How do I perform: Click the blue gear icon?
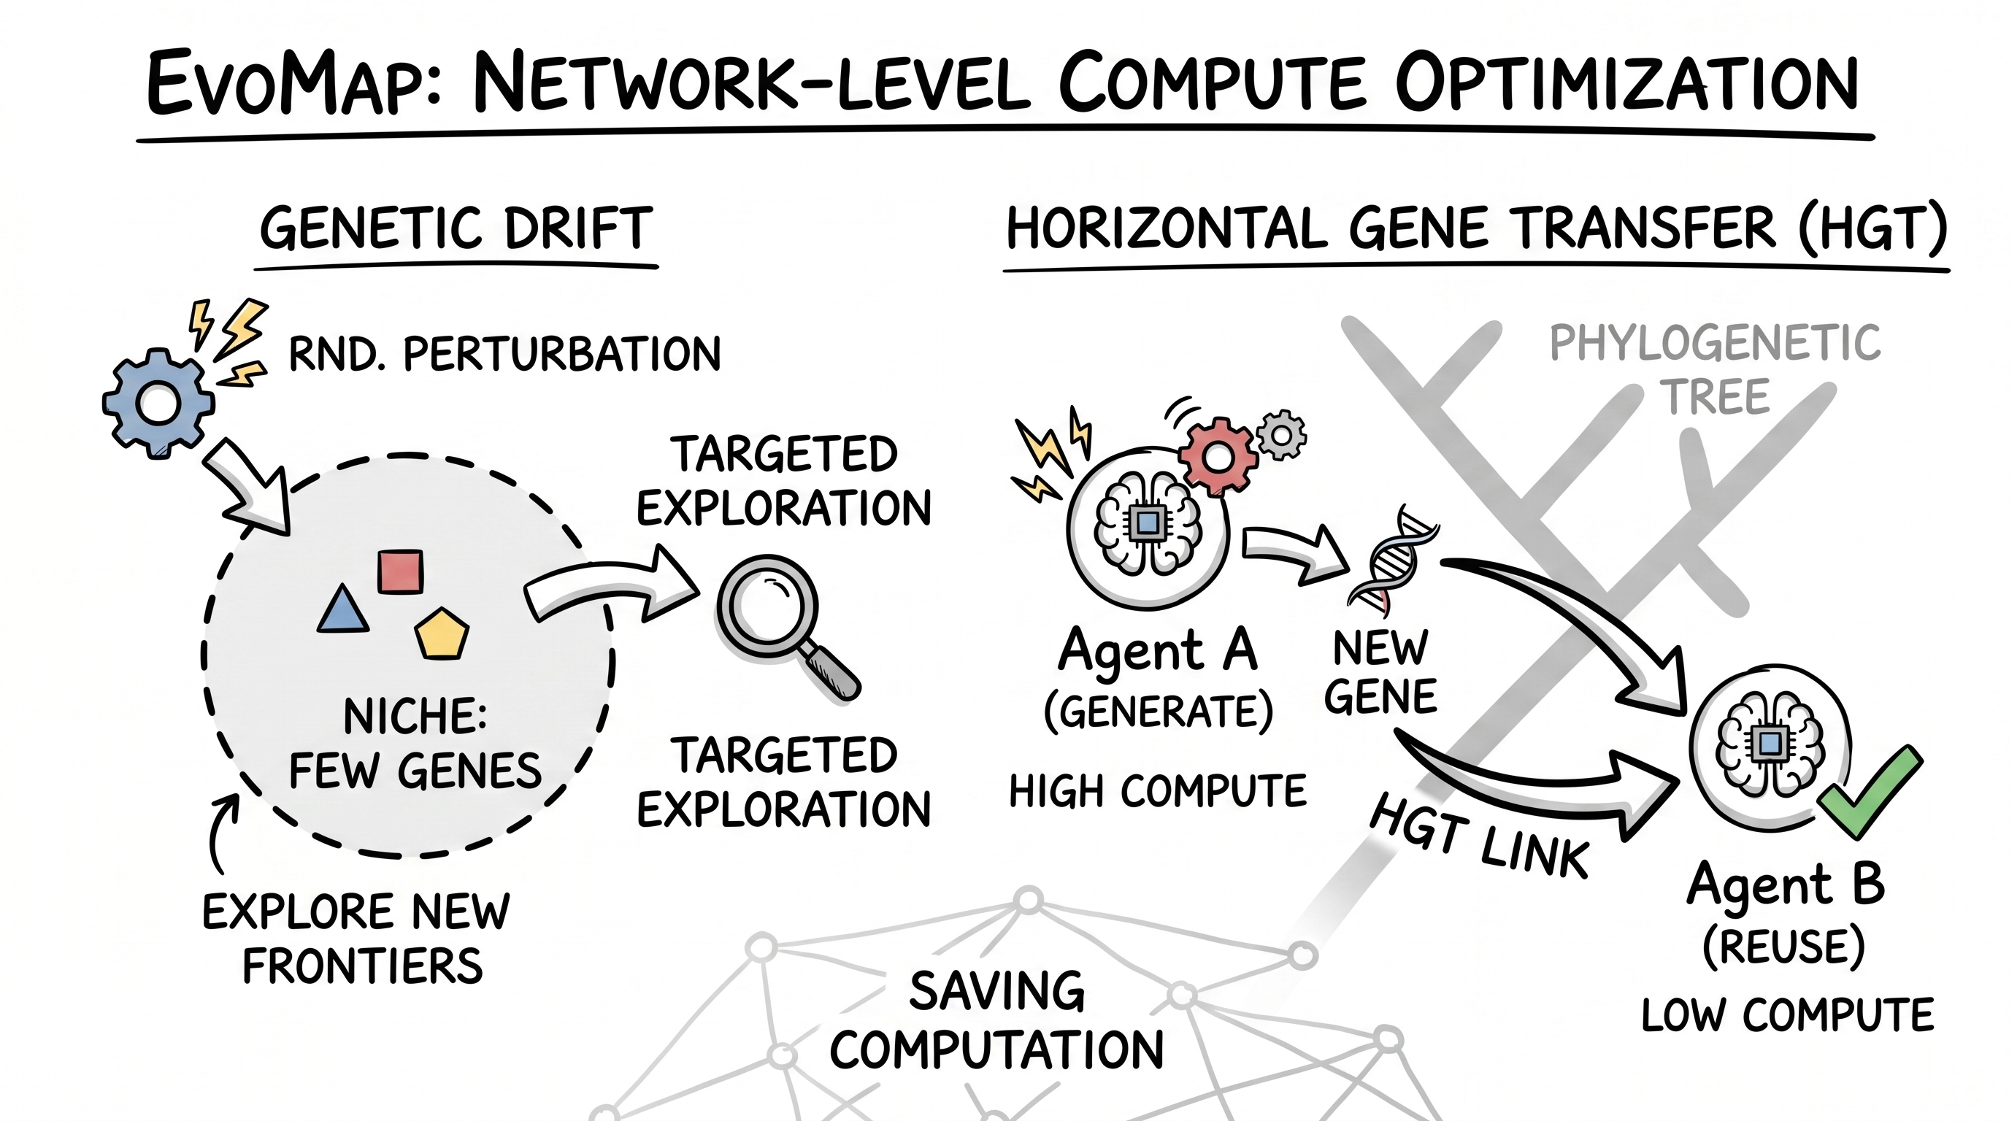pyautogui.click(x=158, y=403)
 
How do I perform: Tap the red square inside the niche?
pyautogui.click(x=400, y=571)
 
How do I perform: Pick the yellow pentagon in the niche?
pyautogui.click(x=442, y=633)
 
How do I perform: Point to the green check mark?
pyautogui.click(x=1870, y=792)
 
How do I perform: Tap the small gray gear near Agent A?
pyautogui.click(x=1281, y=434)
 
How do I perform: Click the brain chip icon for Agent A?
pyautogui.click(x=1148, y=525)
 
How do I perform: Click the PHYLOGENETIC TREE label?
pyautogui.click(x=1715, y=369)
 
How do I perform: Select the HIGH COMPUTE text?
pyautogui.click(x=1158, y=791)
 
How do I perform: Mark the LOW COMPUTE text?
pyautogui.click(x=1789, y=1015)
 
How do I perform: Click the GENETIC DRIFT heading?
pyautogui.click(x=456, y=228)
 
